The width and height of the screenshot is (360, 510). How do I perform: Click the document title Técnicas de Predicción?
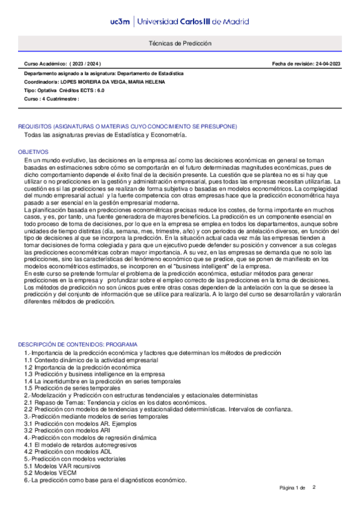click(x=180, y=44)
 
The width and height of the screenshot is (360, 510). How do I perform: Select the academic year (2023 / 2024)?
click(x=85, y=63)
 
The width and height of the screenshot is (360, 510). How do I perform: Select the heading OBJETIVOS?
click(x=33, y=153)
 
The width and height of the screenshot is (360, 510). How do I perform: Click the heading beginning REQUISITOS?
click(x=127, y=127)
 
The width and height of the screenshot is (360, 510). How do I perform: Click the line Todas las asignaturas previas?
click(x=105, y=135)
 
